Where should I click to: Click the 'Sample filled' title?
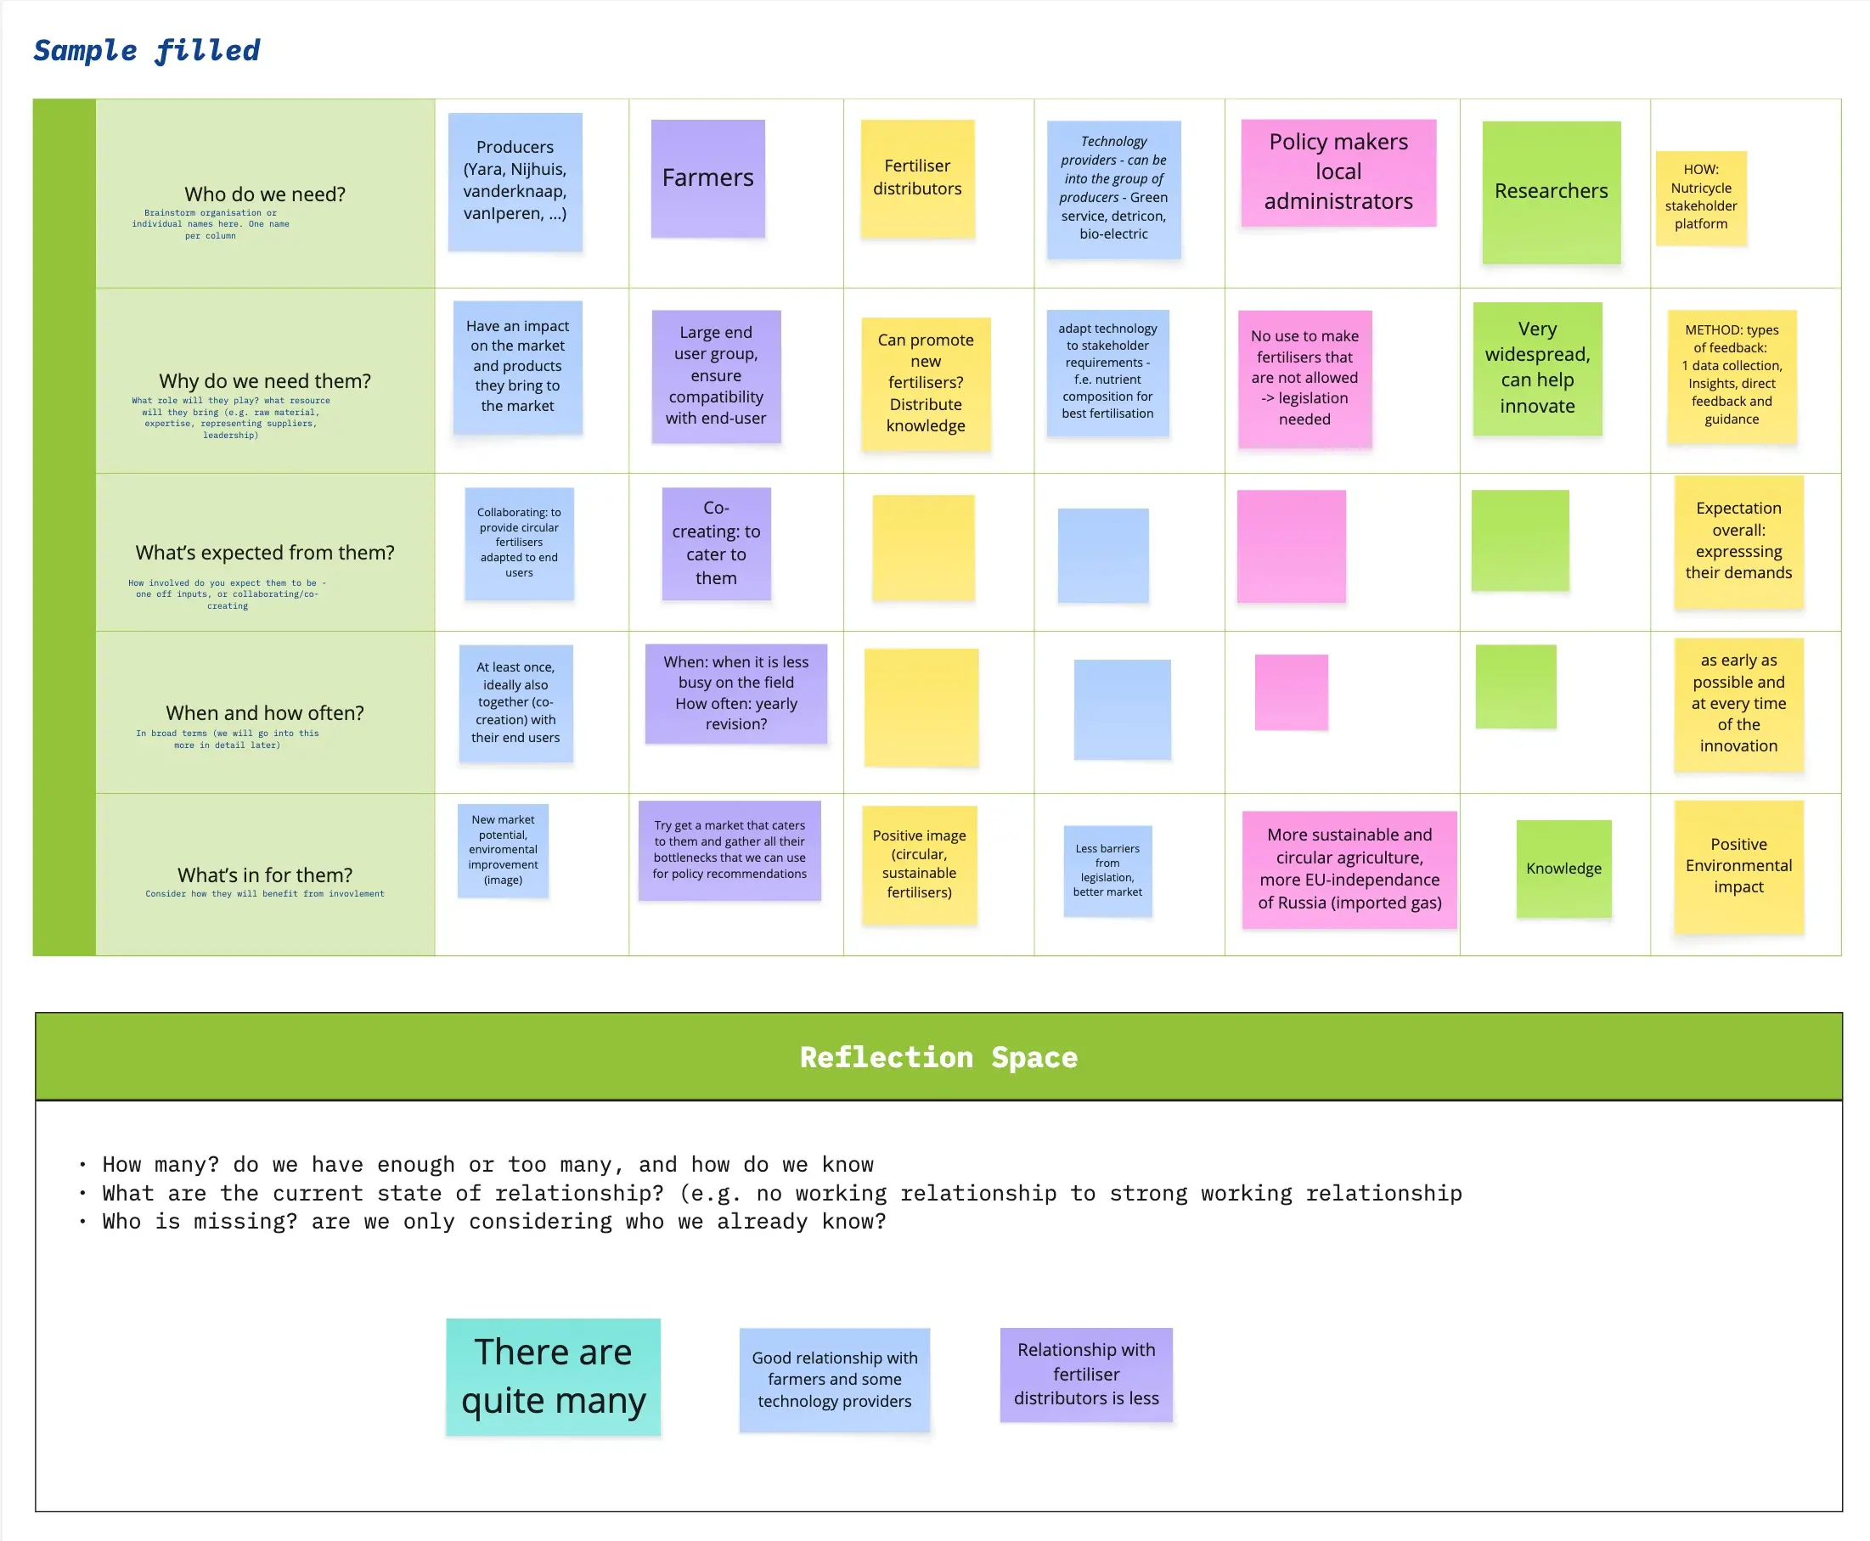[147, 51]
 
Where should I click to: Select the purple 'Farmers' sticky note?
[707, 178]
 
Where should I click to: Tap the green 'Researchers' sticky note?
[1551, 192]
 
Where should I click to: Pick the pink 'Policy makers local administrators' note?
[1338, 172]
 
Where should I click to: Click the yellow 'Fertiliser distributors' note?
[916, 177]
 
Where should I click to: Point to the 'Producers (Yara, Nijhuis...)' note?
[514, 181]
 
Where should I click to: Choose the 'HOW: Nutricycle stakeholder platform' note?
[1700, 197]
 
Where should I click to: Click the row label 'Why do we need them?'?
[265, 381]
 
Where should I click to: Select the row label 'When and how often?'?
[265, 713]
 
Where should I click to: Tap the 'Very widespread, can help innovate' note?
[1537, 368]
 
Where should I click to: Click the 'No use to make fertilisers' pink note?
[1304, 378]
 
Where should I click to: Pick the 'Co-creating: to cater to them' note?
[716, 543]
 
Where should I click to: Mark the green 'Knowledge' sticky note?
[1563, 869]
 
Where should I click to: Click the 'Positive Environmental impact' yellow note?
[1738, 865]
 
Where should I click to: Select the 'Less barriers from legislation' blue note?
[1107, 870]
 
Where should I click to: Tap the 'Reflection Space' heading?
[938, 1057]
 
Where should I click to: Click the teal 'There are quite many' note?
[552, 1376]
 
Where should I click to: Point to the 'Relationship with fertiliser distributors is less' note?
[1085, 1373]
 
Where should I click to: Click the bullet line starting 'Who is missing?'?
[493, 1222]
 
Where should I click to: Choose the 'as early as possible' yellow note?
[1738, 703]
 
